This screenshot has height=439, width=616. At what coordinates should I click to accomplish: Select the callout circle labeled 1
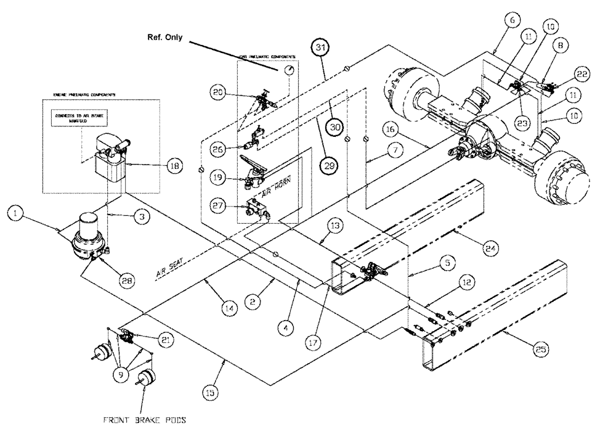coord(17,215)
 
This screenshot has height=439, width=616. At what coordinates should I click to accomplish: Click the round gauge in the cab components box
coord(288,70)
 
